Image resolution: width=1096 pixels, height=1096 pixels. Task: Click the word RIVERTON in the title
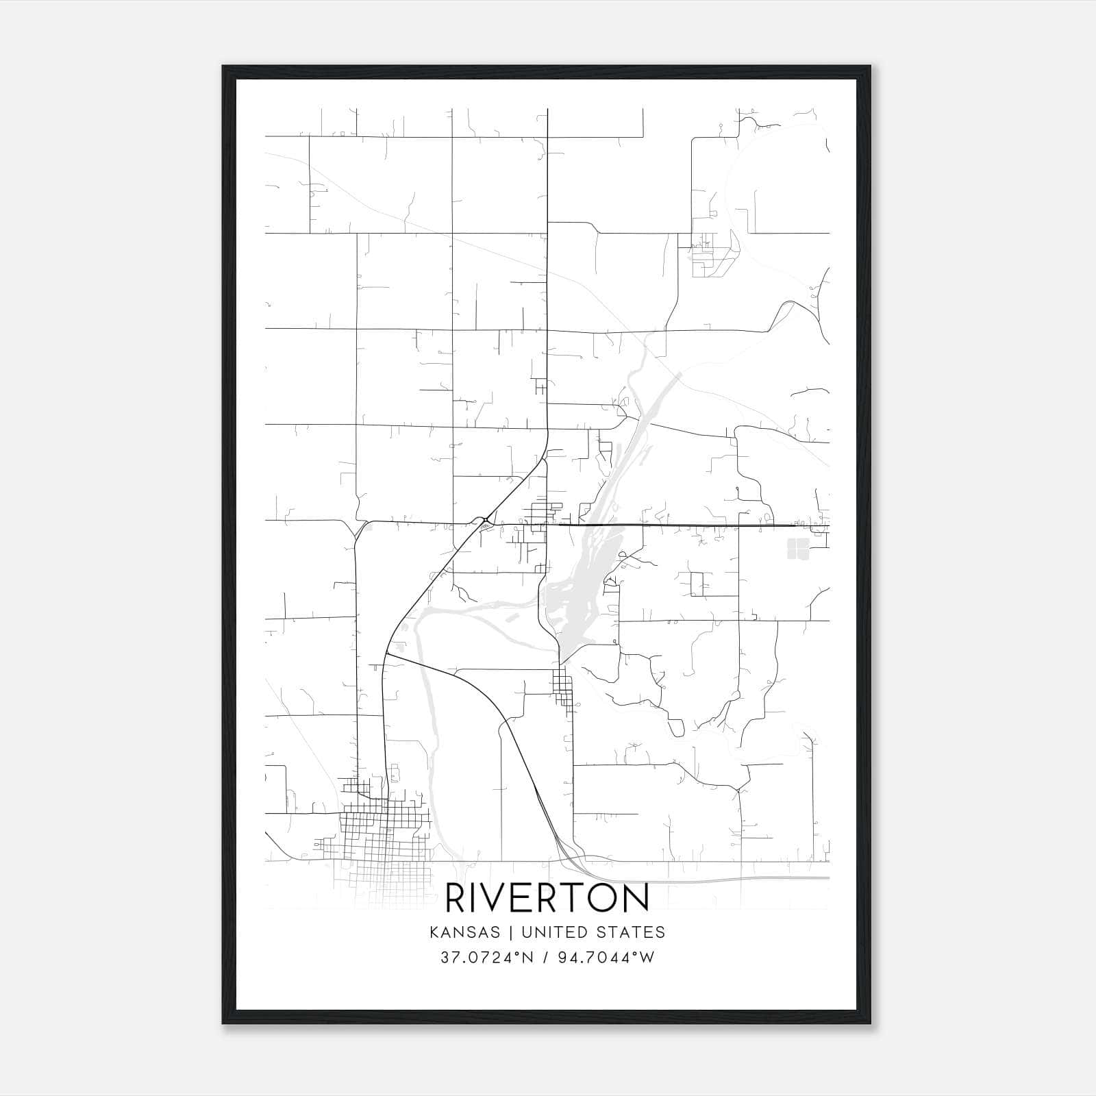[547, 898]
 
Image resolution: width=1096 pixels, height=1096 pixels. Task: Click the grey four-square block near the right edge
[798, 548]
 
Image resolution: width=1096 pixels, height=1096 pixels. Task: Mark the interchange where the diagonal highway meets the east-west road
[484, 522]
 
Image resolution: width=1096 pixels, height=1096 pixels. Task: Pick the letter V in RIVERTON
[499, 898]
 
